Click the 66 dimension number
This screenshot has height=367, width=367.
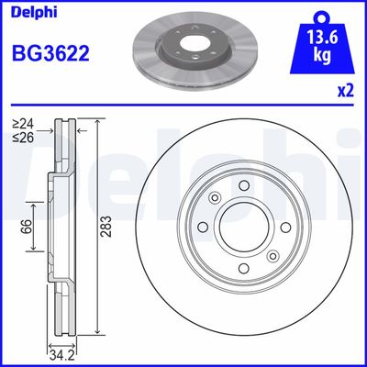(27, 225)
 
